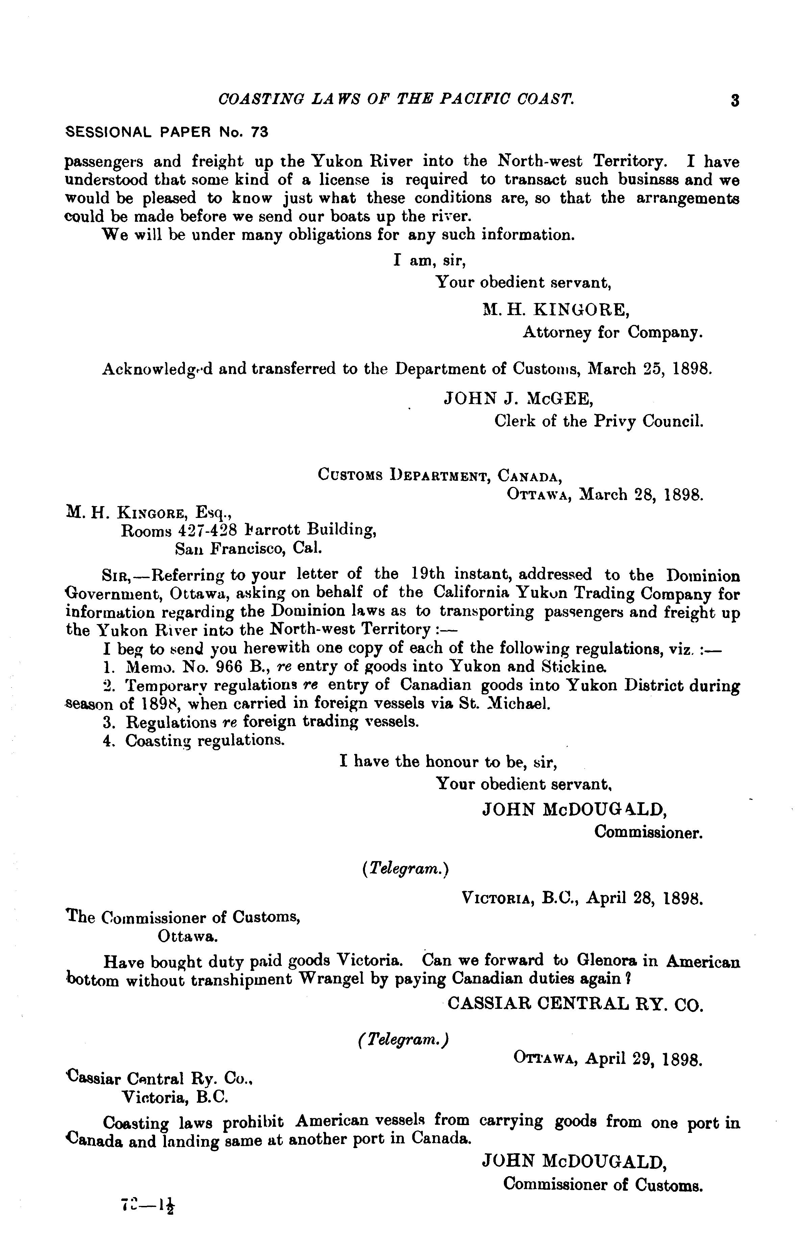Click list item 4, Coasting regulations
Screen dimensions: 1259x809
[205, 740]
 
